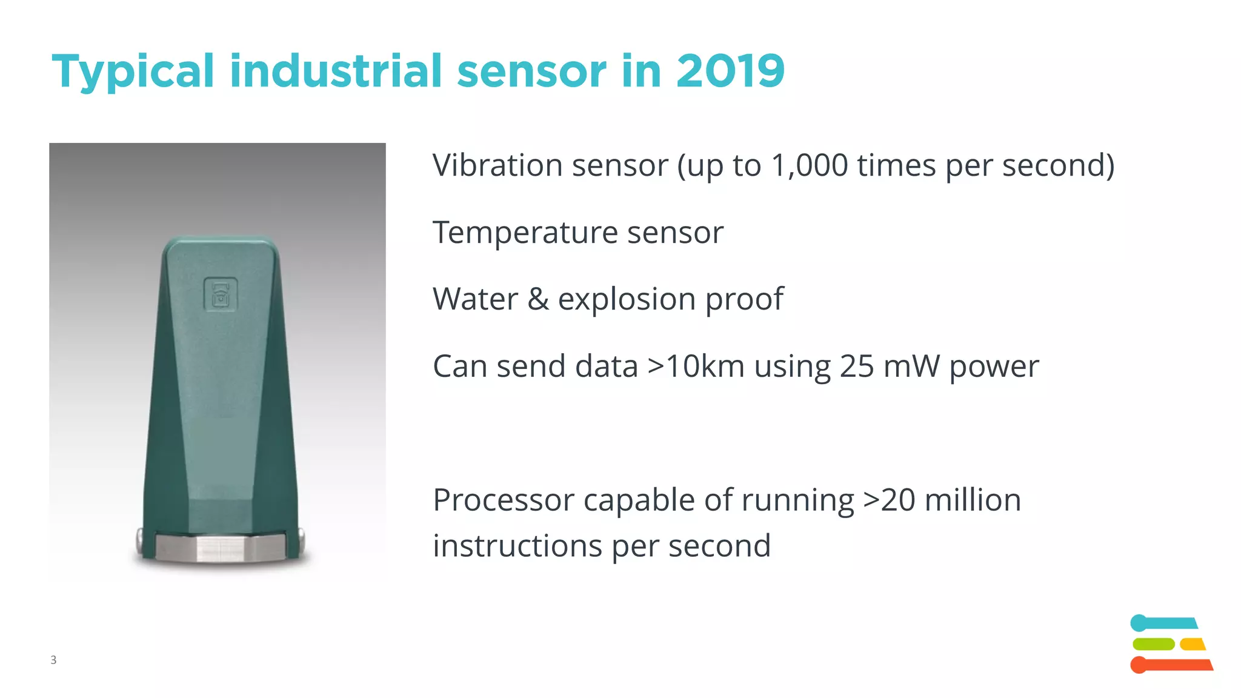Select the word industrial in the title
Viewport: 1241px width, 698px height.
(336, 71)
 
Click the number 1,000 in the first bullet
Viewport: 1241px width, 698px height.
(810, 165)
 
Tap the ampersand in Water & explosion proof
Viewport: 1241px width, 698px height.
(538, 299)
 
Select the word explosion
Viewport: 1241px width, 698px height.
(627, 299)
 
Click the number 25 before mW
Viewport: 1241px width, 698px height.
(857, 367)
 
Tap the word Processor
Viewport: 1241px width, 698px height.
(504, 500)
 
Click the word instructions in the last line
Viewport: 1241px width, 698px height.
(517, 546)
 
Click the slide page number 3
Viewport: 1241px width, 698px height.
(53, 660)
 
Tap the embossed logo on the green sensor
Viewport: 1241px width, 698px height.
(220, 294)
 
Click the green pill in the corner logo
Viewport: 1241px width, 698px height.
(1153, 644)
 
